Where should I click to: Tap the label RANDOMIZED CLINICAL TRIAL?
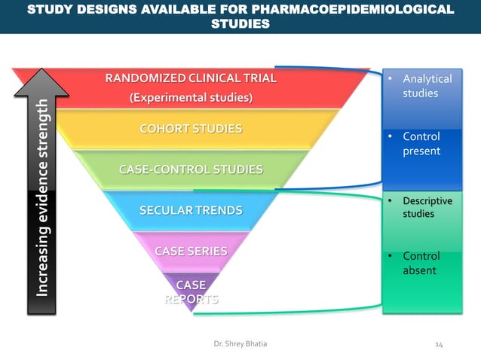click(x=191, y=78)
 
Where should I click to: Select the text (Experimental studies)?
click(x=191, y=98)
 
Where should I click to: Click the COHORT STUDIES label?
click(x=191, y=129)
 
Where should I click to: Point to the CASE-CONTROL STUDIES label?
click(x=191, y=169)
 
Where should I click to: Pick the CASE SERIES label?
click(x=191, y=251)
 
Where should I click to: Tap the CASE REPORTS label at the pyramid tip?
click(x=191, y=291)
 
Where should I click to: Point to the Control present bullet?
click(x=421, y=144)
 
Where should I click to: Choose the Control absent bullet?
click(x=420, y=263)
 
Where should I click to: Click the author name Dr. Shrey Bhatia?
click(x=240, y=344)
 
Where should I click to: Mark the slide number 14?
click(x=440, y=344)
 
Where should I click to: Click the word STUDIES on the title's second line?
click(x=240, y=24)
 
